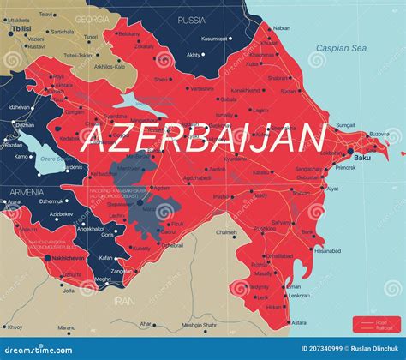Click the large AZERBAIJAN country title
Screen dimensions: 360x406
click(x=204, y=137)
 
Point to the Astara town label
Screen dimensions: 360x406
click(x=298, y=323)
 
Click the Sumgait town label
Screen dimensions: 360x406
click(x=345, y=125)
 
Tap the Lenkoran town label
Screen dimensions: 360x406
click(x=300, y=296)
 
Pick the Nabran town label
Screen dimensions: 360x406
click(x=281, y=28)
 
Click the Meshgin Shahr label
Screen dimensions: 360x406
click(x=199, y=324)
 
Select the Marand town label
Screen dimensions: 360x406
click(x=66, y=327)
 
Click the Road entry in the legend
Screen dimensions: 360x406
click(x=381, y=322)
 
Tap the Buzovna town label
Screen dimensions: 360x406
click(x=379, y=135)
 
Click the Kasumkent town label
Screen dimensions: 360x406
click(x=214, y=39)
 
